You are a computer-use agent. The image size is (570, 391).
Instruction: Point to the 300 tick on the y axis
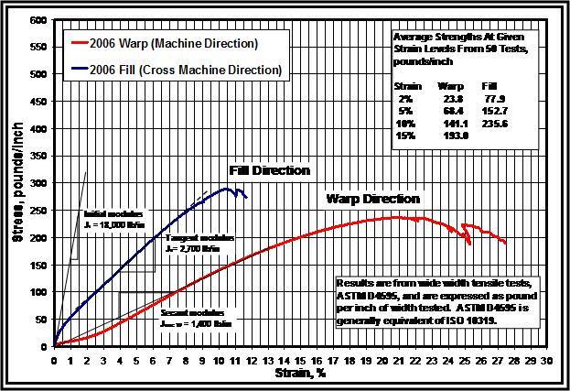click(x=39, y=183)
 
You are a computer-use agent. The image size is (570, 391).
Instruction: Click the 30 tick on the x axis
click(x=546, y=361)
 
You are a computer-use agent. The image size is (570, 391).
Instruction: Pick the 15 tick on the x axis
click(x=300, y=361)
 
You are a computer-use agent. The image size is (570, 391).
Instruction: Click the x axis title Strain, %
click(x=298, y=374)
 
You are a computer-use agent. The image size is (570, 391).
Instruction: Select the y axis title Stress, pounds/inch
click(x=16, y=183)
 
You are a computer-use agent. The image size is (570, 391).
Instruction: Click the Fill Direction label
click(x=269, y=170)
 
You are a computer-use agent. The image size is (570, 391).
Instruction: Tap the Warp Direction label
click(x=373, y=198)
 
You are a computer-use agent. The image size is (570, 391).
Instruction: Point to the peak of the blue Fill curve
click(x=226, y=189)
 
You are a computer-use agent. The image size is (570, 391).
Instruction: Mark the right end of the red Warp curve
click(x=505, y=243)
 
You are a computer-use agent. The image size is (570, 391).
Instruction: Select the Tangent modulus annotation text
click(x=194, y=243)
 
